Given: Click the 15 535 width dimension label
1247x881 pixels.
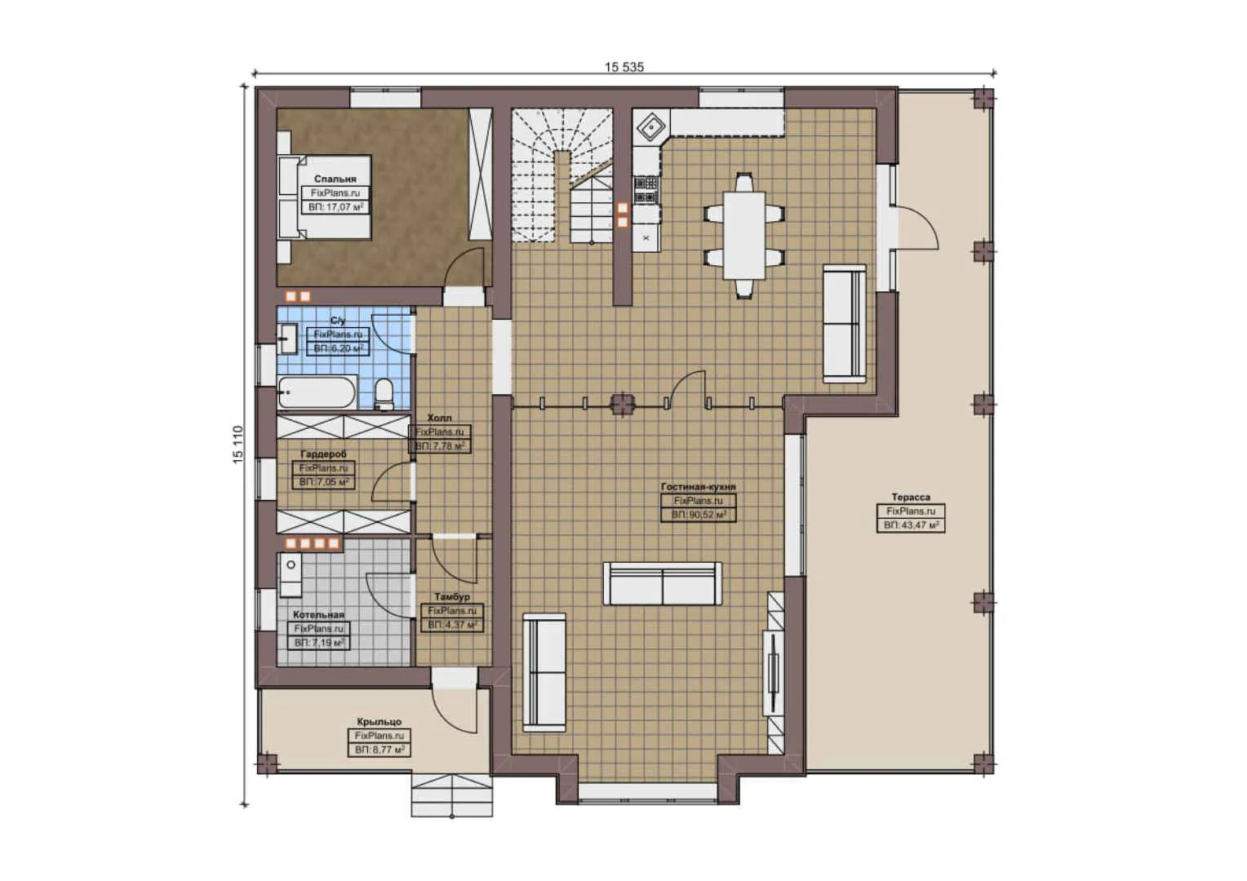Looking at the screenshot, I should (x=623, y=67).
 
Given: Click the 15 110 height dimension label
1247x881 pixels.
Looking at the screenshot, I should (x=238, y=445).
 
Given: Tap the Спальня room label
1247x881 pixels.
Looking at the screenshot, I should (x=335, y=179).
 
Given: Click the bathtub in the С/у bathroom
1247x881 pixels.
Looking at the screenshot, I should (x=317, y=392).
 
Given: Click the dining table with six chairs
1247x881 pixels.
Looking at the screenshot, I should (x=744, y=234).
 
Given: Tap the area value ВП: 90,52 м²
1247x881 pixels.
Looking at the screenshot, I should (x=698, y=515).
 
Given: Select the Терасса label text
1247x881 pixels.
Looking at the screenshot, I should (x=911, y=497).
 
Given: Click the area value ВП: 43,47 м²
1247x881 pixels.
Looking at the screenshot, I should (x=912, y=525).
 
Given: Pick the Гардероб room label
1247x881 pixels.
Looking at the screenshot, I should (x=323, y=454).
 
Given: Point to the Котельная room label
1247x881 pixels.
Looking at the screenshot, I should (x=318, y=614).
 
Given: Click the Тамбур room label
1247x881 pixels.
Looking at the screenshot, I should (x=451, y=596).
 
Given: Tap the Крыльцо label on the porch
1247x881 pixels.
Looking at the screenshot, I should (x=379, y=722).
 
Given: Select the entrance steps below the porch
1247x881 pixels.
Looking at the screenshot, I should (x=451, y=795).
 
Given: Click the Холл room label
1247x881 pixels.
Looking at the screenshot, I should (x=439, y=418).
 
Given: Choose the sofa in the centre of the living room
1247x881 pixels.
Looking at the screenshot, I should (x=662, y=583).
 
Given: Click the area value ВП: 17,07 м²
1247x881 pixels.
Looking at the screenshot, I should (x=335, y=207).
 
